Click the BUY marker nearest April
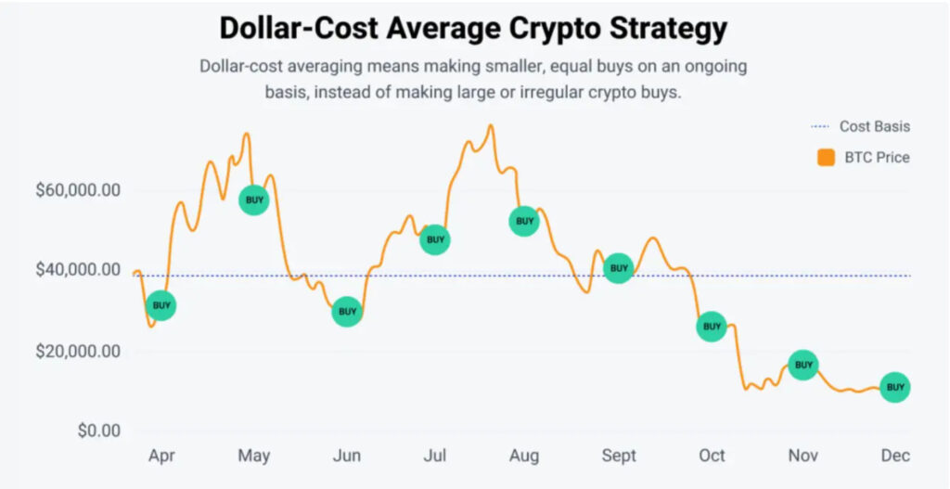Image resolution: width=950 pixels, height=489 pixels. click(x=161, y=305)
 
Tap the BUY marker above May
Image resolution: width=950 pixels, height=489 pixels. click(x=253, y=199)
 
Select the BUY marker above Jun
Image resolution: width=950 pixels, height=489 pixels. click(x=347, y=312)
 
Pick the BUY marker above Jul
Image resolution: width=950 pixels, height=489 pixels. click(x=434, y=239)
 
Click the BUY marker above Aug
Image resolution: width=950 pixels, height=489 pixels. click(x=524, y=221)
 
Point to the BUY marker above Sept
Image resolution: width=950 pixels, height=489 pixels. click(x=618, y=268)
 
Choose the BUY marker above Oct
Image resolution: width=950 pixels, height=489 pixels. click(x=712, y=326)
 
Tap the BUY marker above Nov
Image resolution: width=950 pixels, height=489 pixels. click(x=802, y=365)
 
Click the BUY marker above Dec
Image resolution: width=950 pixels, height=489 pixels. click(x=894, y=387)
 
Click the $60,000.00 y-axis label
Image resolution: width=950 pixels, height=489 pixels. click(x=78, y=191)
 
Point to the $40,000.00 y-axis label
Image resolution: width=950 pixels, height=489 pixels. click(x=78, y=270)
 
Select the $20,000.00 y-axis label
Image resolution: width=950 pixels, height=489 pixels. click(x=78, y=352)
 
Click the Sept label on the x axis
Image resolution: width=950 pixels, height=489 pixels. click(x=619, y=456)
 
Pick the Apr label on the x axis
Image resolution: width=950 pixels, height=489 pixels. click(x=161, y=456)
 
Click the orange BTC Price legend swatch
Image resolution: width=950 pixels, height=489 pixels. click(x=826, y=158)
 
